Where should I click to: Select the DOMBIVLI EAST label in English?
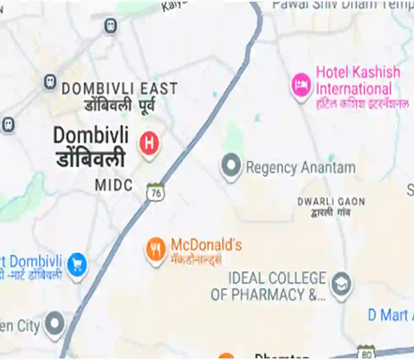click(x=119, y=89)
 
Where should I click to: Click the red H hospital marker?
click(x=149, y=142)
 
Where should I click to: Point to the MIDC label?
click(x=114, y=185)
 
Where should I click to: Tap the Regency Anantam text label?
click(x=301, y=168)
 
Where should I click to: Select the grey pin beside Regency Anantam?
click(x=231, y=166)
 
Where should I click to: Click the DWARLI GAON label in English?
click(x=331, y=201)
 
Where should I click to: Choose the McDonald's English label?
click(x=206, y=244)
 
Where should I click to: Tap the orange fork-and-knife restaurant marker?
click(x=156, y=250)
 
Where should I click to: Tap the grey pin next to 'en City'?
click(x=54, y=324)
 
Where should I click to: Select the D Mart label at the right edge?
click(x=390, y=315)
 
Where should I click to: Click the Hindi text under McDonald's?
click(x=196, y=259)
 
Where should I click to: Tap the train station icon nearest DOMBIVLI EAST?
click(x=49, y=81)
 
